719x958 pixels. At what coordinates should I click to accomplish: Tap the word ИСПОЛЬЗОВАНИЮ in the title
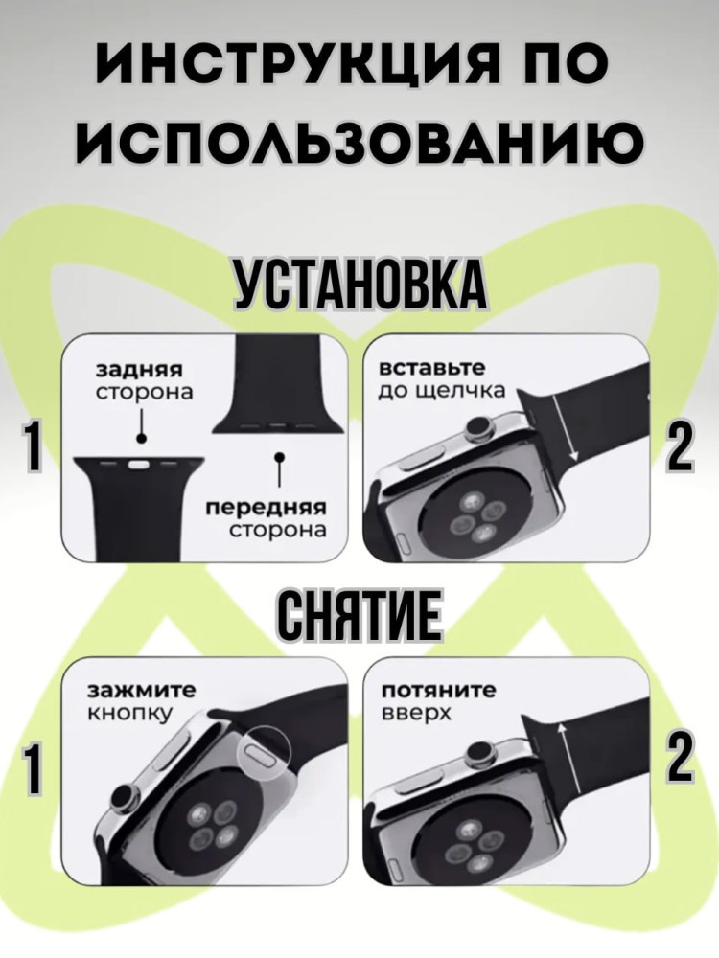[359, 145]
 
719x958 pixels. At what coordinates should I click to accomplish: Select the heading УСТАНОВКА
[360, 285]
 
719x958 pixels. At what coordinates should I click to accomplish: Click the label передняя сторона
[267, 519]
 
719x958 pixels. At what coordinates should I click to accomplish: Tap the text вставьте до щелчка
[441, 378]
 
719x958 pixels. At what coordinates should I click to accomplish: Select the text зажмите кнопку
[143, 701]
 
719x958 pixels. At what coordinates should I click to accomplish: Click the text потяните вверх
[439, 701]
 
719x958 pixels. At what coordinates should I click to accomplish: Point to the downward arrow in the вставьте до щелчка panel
[565, 427]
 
